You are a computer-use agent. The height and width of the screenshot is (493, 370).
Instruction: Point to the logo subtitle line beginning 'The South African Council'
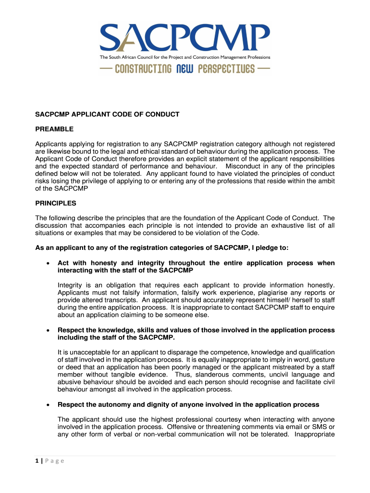click(x=185, y=57)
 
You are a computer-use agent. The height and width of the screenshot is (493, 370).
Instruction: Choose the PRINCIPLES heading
click(x=55, y=203)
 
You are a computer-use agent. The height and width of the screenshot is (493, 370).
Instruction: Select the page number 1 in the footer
click(x=37, y=461)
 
